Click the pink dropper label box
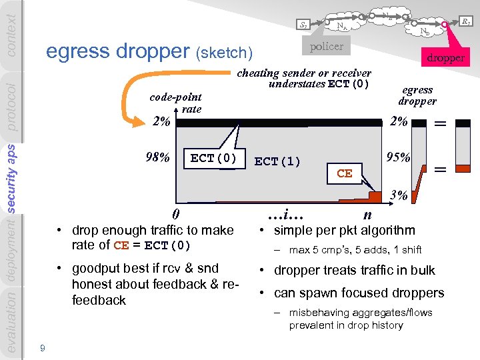(x=446, y=57)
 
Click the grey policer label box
(x=327, y=46)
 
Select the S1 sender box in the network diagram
(x=303, y=26)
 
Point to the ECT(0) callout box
(x=213, y=159)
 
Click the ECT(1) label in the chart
(x=277, y=161)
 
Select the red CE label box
(x=344, y=173)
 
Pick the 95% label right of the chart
(x=399, y=158)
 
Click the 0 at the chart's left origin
(x=175, y=214)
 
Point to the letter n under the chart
(x=367, y=214)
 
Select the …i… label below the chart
(x=285, y=215)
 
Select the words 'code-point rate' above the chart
(x=177, y=103)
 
